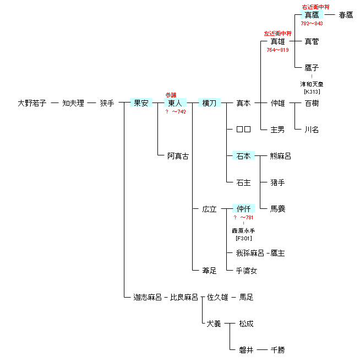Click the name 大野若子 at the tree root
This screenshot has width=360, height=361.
(32, 103)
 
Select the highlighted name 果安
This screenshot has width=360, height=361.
(141, 103)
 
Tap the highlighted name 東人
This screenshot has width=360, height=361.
(175, 103)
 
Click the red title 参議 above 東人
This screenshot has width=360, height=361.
(171, 95)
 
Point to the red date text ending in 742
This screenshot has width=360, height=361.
(176, 112)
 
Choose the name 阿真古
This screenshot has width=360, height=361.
(178, 156)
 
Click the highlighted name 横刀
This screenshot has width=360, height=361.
(209, 103)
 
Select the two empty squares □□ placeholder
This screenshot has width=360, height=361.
(243, 129)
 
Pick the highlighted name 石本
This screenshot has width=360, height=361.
(243, 155)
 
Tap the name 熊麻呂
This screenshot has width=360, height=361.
(281, 156)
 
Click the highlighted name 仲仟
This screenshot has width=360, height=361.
(243, 208)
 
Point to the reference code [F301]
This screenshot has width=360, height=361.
(244, 238)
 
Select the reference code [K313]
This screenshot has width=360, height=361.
(312, 91)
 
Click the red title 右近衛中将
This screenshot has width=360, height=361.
(315, 7)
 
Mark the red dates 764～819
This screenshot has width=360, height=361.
(277, 50)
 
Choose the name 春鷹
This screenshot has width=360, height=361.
(346, 15)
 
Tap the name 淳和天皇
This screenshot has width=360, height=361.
(312, 84)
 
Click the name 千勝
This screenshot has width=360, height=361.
(277, 350)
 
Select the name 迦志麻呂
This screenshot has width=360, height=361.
(148, 297)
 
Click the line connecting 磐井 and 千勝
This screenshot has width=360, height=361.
(262, 350)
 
